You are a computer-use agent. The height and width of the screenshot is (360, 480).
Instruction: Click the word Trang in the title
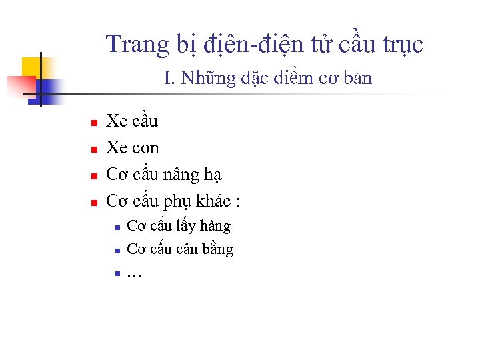click(129, 45)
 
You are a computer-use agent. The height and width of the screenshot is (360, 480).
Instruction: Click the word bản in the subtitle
click(358, 79)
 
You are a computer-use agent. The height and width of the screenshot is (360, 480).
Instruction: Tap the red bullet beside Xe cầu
click(94, 123)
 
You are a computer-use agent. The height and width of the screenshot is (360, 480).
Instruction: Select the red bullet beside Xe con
click(94, 149)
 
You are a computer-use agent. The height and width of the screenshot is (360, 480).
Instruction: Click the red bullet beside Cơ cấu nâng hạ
click(94, 176)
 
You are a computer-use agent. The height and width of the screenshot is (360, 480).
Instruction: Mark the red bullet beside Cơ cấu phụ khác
click(94, 203)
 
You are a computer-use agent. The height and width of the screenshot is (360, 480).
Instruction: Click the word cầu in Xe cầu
click(145, 121)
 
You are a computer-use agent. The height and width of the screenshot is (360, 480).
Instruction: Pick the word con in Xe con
click(146, 148)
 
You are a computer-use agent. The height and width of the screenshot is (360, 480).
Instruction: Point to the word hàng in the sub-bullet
click(215, 227)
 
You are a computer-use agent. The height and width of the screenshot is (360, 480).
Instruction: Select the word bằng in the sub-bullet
click(217, 249)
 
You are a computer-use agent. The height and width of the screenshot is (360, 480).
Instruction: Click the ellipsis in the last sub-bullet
click(135, 274)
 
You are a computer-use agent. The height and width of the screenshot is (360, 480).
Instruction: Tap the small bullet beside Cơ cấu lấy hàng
click(116, 228)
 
